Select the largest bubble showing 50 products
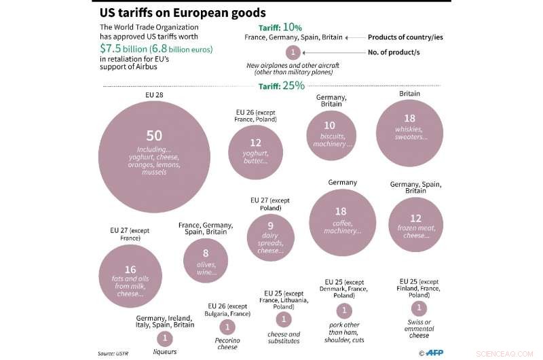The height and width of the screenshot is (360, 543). point(155,157)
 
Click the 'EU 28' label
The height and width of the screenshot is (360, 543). point(155,95)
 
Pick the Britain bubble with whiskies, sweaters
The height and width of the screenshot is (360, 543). point(409,133)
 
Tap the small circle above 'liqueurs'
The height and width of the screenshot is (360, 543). point(164,338)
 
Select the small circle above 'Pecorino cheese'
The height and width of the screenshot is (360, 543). point(227,327)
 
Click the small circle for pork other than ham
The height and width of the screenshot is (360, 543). point(345,310)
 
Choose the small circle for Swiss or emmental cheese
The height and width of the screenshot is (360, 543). point(419,307)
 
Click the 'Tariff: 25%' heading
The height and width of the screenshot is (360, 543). point(282,86)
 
